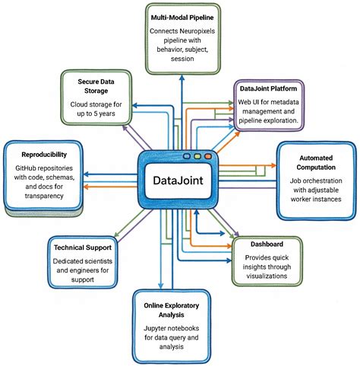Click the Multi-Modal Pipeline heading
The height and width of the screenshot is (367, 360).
(180, 16)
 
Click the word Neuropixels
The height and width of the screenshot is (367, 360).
(197, 30)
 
